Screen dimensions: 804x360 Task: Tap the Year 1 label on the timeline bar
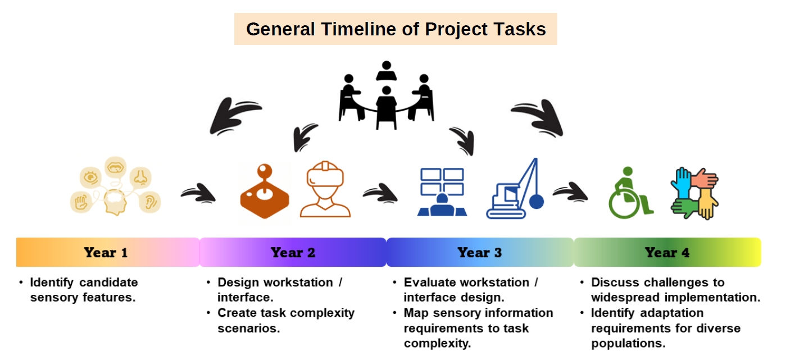(x=106, y=253)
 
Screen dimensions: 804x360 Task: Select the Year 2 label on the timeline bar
(x=293, y=253)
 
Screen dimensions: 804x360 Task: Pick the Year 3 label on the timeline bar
(x=479, y=253)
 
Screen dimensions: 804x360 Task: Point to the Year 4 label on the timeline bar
(x=667, y=253)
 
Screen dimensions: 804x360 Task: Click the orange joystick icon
(x=265, y=192)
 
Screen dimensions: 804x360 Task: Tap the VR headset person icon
(x=325, y=189)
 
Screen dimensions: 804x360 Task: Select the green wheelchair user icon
(x=630, y=193)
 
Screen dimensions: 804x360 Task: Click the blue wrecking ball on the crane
(x=536, y=202)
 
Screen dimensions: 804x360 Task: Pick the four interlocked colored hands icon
(x=694, y=193)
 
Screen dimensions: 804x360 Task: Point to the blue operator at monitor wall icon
(x=442, y=192)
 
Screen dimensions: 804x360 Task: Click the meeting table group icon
(x=386, y=95)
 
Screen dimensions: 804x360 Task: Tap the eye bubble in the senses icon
(x=90, y=177)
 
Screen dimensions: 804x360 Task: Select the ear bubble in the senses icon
(x=150, y=202)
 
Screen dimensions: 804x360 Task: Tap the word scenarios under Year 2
(x=248, y=329)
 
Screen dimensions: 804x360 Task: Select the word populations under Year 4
(x=628, y=344)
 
